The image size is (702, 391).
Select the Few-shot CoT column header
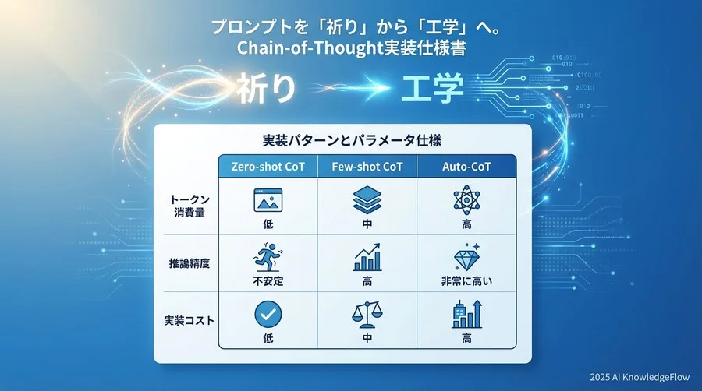367,166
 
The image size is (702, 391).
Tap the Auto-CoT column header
467,166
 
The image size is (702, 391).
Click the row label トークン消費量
187,206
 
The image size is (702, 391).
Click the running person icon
268,258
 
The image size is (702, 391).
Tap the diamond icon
466,258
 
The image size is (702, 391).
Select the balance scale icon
367,315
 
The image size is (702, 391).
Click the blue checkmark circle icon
268,315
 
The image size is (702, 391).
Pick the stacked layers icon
367,201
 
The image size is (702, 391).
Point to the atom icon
466,200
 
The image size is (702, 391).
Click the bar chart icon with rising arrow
367,258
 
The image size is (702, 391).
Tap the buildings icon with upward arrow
466,315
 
